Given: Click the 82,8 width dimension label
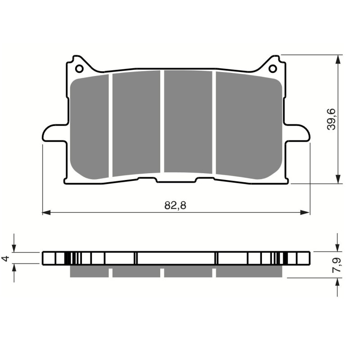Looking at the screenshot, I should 175,206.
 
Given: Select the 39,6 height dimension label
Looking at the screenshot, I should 332,119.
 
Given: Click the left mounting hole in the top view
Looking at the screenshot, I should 79,69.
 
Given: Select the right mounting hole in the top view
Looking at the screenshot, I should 273,69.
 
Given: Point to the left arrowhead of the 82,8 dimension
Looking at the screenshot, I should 45,211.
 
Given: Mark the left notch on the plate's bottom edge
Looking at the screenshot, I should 147,180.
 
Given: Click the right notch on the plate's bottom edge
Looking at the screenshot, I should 205,180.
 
